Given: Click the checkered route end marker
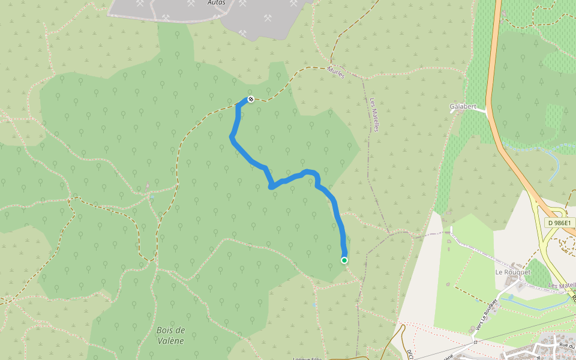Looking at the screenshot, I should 251,99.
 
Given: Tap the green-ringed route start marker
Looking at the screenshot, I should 344,260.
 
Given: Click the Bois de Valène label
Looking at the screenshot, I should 170,335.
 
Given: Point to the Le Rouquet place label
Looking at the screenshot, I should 513,272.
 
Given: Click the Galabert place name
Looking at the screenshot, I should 463,107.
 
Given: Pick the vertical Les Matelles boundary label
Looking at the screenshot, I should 374,115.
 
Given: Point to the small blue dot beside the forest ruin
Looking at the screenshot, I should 152,196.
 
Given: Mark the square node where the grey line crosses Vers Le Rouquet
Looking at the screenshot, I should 474,342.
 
